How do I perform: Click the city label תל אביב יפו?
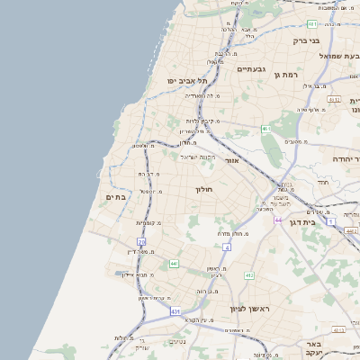(x=186, y=81)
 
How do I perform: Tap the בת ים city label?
(x=115, y=197)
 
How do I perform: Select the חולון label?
(x=203, y=190)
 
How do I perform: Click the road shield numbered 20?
(x=141, y=241)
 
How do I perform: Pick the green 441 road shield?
(x=174, y=264)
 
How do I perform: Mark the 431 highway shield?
(x=173, y=311)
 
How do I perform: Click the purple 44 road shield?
(x=277, y=220)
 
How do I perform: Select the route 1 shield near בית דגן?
(x=330, y=220)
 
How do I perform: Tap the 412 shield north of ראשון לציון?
(x=249, y=274)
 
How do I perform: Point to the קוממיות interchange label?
(x=148, y=223)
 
